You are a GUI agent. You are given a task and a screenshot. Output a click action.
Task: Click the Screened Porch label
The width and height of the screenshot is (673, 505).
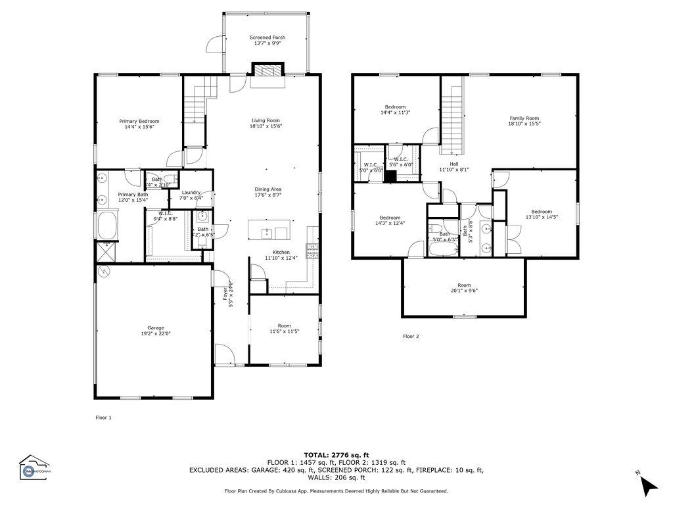point(267,37)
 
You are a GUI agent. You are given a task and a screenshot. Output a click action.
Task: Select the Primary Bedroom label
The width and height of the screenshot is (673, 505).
point(139,121)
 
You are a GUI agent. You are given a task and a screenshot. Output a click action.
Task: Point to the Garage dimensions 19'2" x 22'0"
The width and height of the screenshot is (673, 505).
point(155,334)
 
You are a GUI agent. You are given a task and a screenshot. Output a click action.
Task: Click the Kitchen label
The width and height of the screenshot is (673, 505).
point(281,252)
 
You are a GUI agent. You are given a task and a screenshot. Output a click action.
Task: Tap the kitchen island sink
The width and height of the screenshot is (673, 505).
point(267,232)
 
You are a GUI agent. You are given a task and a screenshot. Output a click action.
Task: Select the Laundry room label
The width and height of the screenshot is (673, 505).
point(191,192)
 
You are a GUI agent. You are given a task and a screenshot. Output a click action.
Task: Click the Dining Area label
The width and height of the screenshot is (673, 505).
point(267,189)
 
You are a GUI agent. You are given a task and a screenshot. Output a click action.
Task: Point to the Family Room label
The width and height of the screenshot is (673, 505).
point(524,118)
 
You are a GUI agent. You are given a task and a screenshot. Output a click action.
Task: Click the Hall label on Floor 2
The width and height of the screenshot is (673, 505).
point(453,164)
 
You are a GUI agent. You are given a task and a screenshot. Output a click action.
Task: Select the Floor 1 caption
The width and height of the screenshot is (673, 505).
point(104,417)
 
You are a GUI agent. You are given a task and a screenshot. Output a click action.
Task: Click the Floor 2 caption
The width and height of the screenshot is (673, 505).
point(411,336)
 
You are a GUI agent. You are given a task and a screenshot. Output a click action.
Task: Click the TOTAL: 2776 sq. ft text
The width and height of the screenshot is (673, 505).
point(336,454)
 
